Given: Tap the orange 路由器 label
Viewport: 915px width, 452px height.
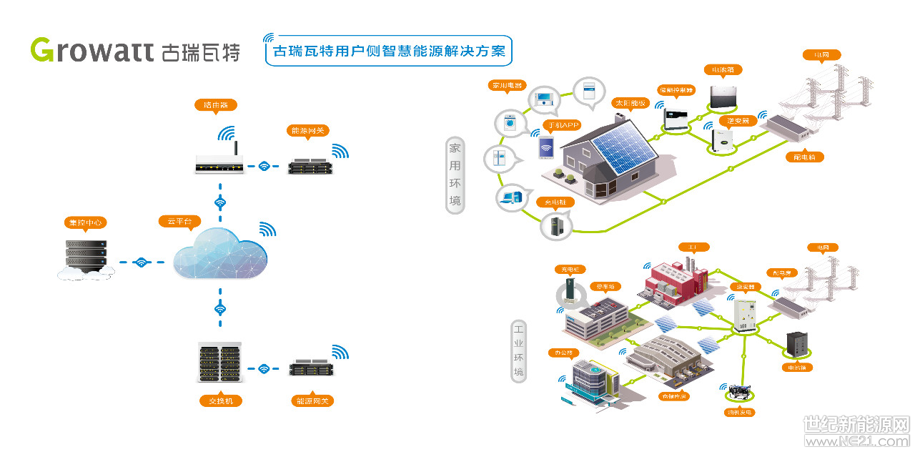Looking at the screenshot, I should (x=215, y=105).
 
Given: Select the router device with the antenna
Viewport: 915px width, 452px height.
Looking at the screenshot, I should (x=219, y=164).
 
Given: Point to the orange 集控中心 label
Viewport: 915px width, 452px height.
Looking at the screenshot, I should (x=85, y=222).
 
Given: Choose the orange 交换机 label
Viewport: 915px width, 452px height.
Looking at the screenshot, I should (x=220, y=401).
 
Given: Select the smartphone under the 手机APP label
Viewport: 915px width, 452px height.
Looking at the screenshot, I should (x=547, y=149).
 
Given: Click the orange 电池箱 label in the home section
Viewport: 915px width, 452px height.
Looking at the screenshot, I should (x=723, y=70).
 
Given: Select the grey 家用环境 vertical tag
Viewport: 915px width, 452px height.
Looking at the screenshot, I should (x=455, y=176).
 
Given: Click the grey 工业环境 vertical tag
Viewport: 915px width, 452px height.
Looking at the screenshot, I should (x=518, y=351).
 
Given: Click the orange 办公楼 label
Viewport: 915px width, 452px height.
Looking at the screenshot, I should (x=563, y=353).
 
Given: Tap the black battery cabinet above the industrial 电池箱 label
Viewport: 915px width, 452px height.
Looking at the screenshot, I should (x=796, y=345).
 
